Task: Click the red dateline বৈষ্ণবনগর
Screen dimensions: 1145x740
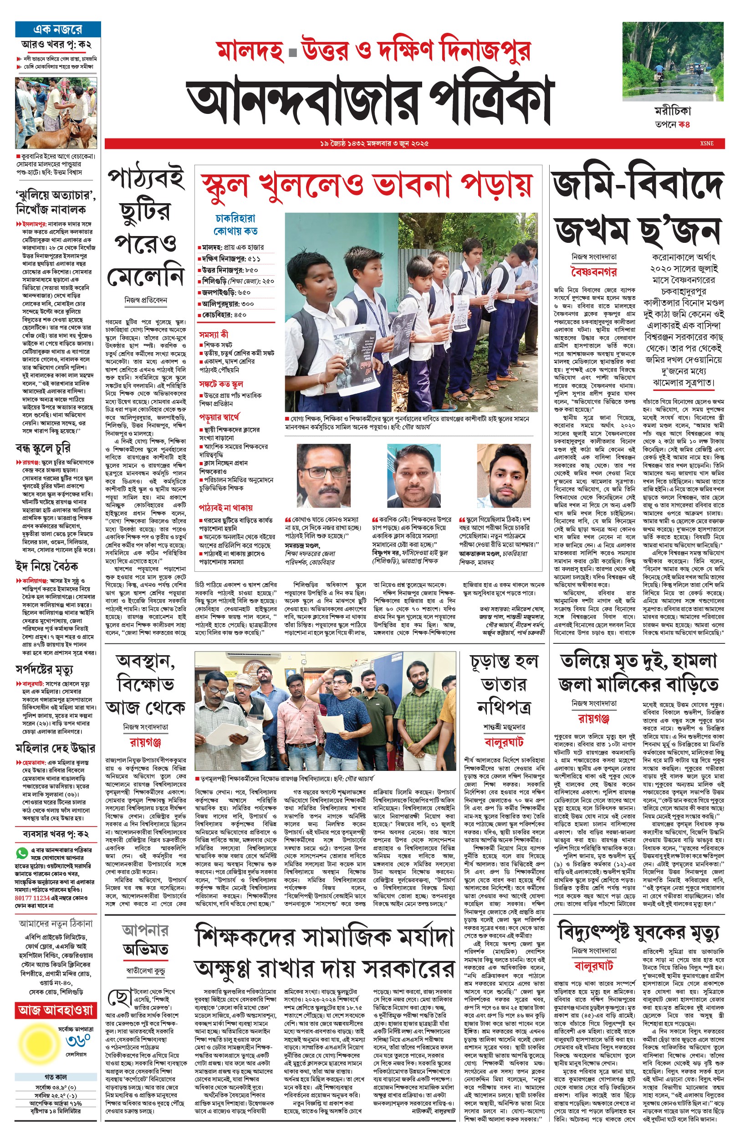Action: pos(593,272)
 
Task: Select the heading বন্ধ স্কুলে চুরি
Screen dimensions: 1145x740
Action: pos(43,448)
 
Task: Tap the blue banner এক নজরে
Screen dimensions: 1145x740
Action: pos(58,29)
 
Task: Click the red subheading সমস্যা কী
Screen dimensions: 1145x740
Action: pos(214,334)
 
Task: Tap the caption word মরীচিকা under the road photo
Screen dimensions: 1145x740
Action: pos(673,111)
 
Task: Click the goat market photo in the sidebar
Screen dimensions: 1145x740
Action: pos(56,113)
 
